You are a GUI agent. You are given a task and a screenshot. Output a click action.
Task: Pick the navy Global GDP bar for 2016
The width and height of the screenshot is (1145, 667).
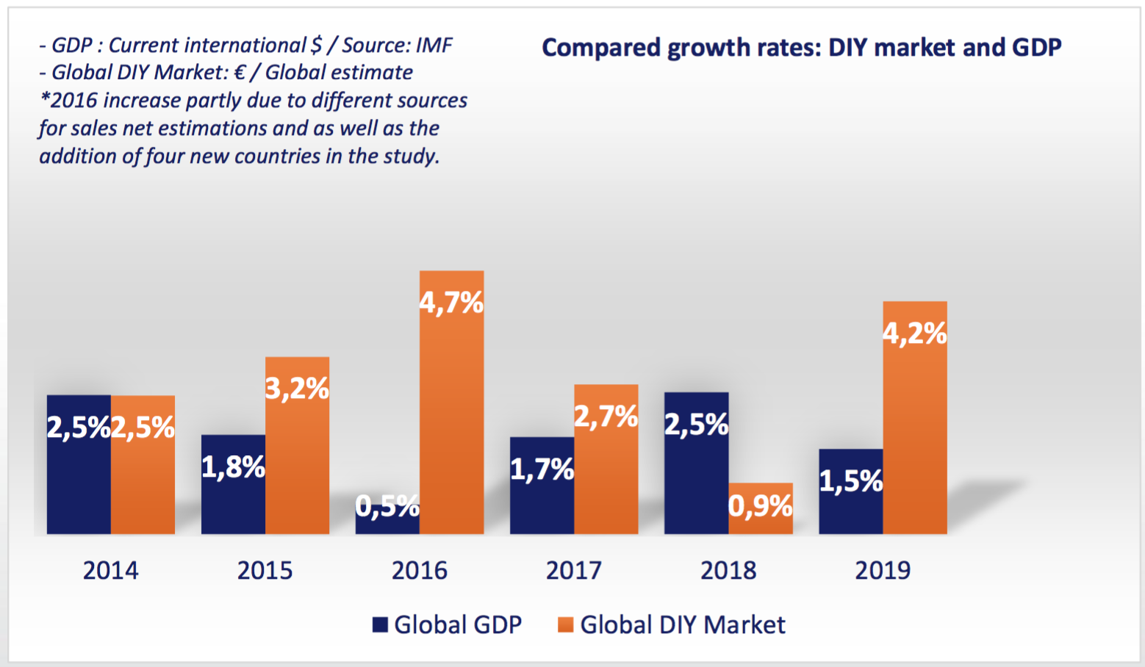tap(387, 523)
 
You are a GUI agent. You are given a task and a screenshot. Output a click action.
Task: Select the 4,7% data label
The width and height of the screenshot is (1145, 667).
tap(451, 302)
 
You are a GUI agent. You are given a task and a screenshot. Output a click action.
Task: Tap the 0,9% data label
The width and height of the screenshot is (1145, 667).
tap(761, 505)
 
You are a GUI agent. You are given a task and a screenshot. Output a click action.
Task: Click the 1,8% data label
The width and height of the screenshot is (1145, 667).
tap(233, 466)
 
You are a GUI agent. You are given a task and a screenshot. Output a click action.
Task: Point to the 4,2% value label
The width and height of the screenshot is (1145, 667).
tap(915, 333)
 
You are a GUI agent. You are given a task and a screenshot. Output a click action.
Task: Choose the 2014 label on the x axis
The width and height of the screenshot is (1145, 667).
tap(110, 571)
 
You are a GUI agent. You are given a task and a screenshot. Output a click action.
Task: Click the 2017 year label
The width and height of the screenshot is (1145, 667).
tap(573, 571)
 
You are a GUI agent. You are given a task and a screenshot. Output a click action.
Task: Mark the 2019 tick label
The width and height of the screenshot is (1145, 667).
tap(883, 571)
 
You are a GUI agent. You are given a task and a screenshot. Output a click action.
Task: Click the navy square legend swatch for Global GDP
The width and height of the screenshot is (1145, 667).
tap(380, 625)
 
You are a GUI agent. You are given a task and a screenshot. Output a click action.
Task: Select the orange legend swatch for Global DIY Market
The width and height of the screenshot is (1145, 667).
tap(565, 625)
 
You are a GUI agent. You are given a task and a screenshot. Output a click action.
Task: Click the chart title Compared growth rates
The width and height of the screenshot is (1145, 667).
tap(801, 48)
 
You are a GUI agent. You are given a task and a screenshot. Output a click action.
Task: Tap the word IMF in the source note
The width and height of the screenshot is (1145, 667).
tap(434, 46)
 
